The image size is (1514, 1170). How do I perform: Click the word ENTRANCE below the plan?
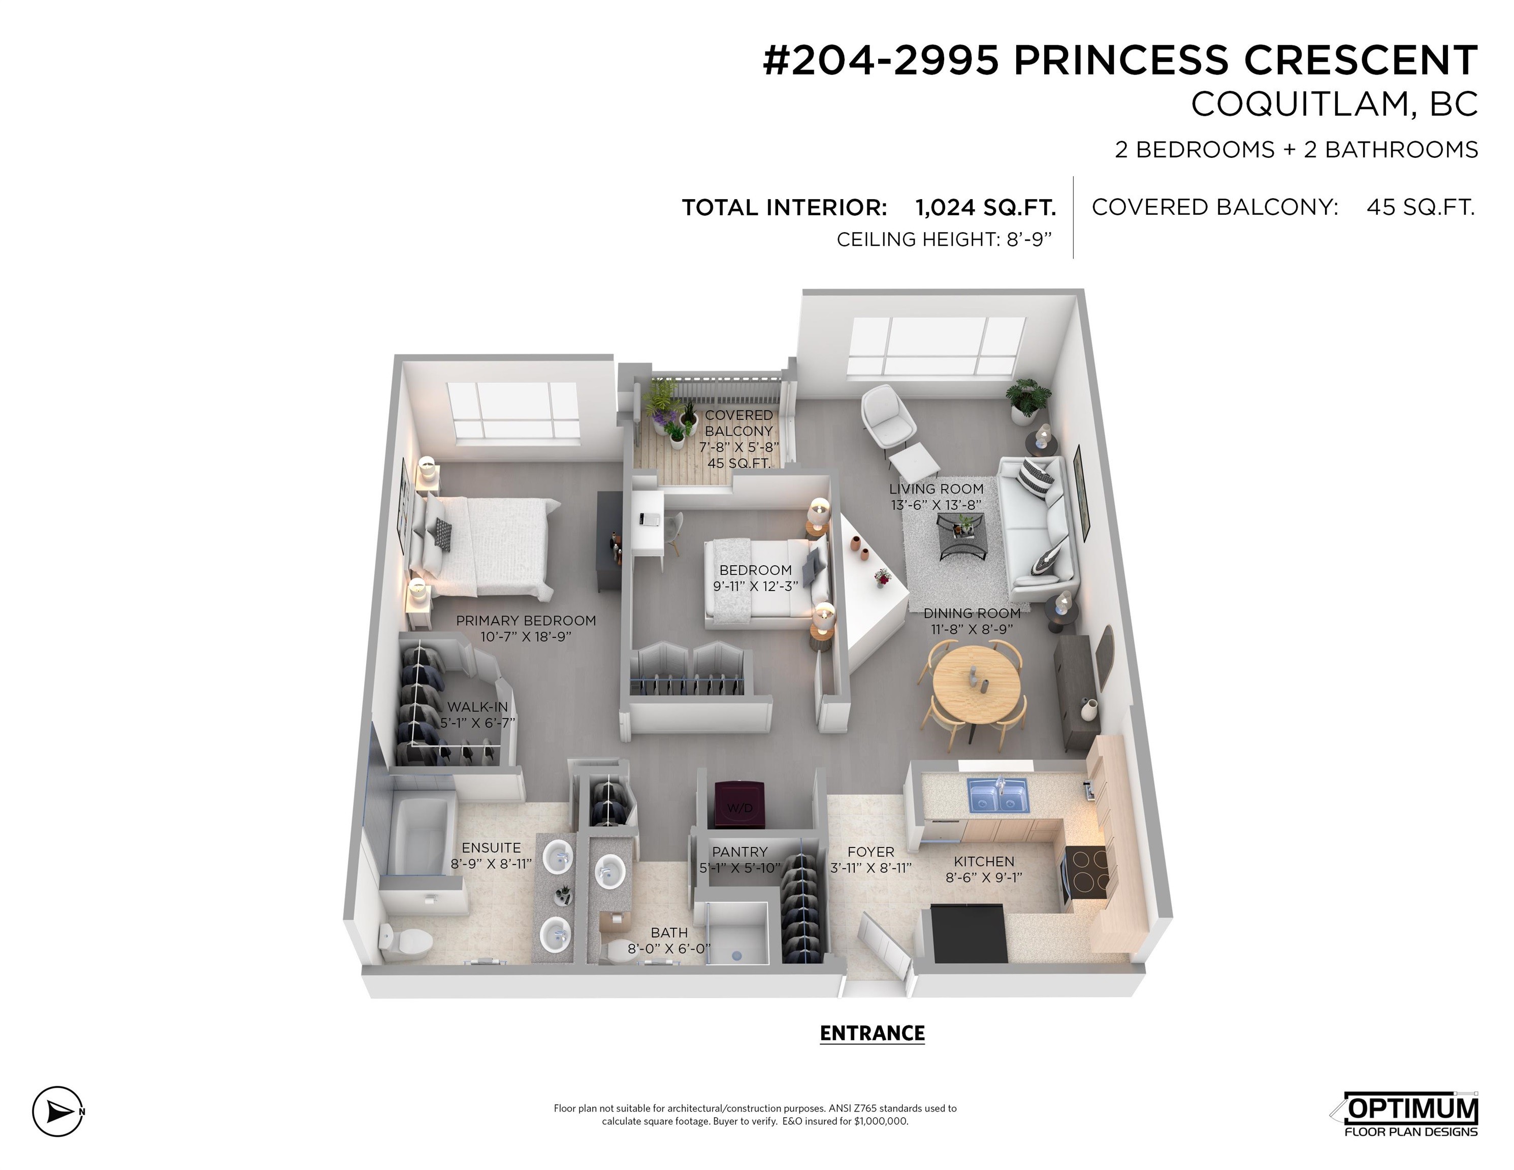pyautogui.click(x=872, y=1033)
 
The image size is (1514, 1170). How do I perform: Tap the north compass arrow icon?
pyautogui.click(x=58, y=1111)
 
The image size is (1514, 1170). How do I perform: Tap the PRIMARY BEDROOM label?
pyautogui.click(x=526, y=621)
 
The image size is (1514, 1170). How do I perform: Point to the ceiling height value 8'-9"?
pyautogui.click(x=1029, y=239)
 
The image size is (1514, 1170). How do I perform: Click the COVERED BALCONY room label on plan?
pyautogui.click(x=739, y=423)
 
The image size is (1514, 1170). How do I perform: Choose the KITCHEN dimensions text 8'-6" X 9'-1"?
pyautogui.click(x=984, y=877)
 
